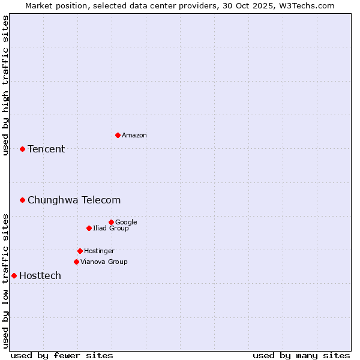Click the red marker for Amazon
pyautogui.click(x=118, y=135)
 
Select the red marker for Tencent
pyautogui.click(x=22, y=149)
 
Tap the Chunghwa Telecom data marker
pyautogui.click(x=22, y=200)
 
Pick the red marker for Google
pyautogui.click(x=111, y=222)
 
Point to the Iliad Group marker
pyautogui.click(x=89, y=228)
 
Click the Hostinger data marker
pyautogui.click(x=80, y=251)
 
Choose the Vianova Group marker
pyautogui.click(x=76, y=262)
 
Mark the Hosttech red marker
pyautogui.click(x=14, y=275)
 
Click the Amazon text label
pyautogui.click(x=134, y=135)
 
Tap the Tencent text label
pyautogui.click(x=46, y=149)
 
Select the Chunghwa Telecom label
pyautogui.click(x=74, y=200)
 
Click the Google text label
pyautogui.click(x=126, y=222)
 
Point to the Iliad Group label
pyautogui.click(x=111, y=228)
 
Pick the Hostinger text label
pyautogui.click(x=99, y=251)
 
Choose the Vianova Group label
pyautogui.click(x=104, y=262)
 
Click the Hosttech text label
pyautogui.click(x=40, y=275)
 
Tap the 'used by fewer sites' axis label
pyautogui.click(x=62, y=355)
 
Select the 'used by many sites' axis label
pyautogui.click(x=301, y=355)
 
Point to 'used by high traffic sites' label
pyautogui.click(x=5, y=85)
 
